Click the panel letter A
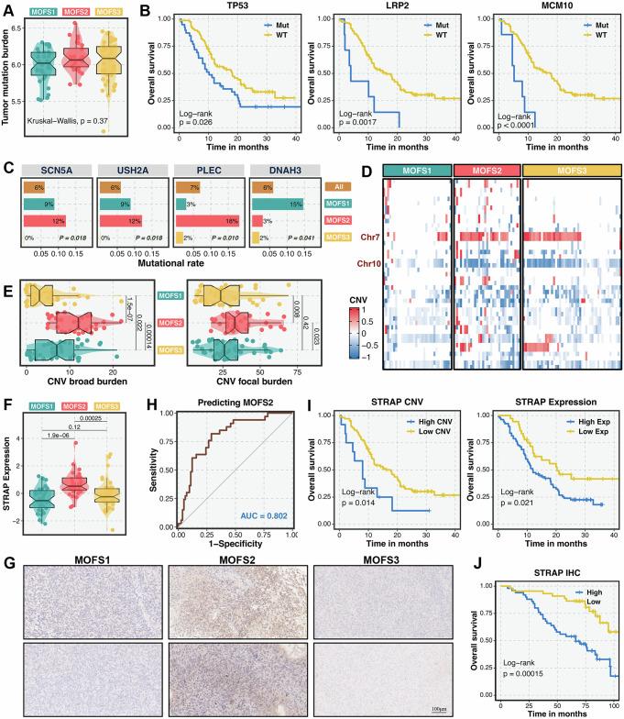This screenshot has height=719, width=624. pos(7,8)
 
